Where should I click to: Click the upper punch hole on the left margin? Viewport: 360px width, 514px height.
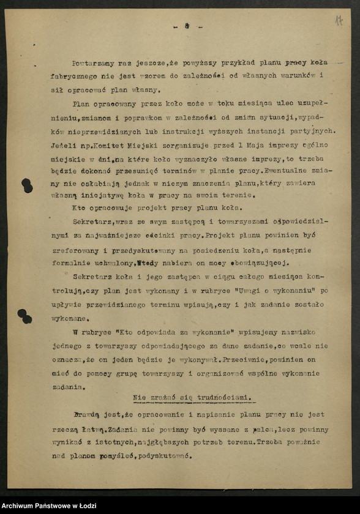27,185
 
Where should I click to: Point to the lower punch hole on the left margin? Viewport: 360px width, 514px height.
25,316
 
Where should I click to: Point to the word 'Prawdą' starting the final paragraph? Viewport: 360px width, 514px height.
85,415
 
